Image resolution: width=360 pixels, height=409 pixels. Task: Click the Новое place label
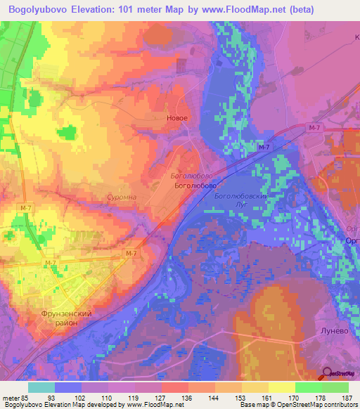pyautogui.click(x=176, y=118)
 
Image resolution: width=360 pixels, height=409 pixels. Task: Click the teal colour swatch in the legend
pyautogui.click(x=41, y=387)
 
